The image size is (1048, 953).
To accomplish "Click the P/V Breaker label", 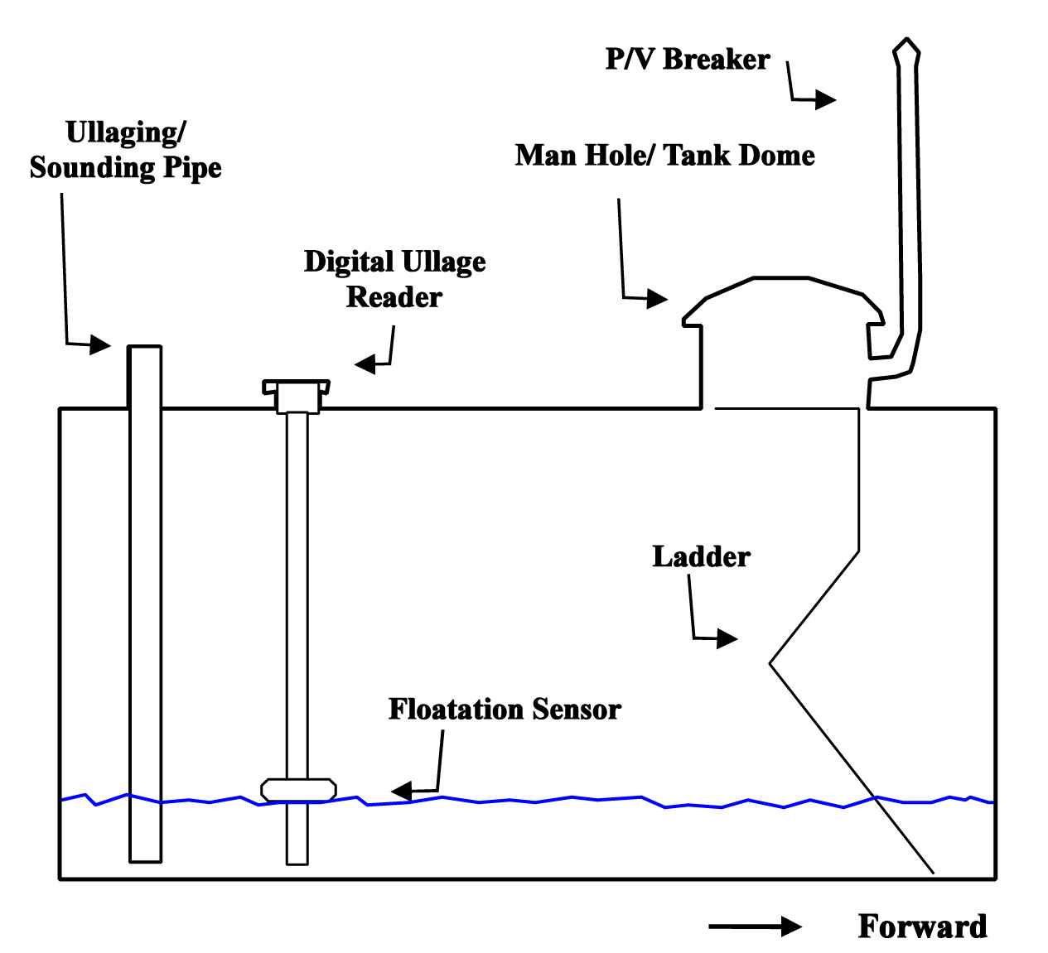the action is (687, 59).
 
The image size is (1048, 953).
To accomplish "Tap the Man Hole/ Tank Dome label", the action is (664, 155).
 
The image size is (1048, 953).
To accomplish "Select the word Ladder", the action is (701, 556).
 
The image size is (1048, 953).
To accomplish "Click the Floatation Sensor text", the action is (505, 710).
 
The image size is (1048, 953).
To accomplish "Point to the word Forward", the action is (923, 927).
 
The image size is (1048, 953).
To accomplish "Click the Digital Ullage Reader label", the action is (395, 279).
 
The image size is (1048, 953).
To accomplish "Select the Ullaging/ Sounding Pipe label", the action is (125, 150).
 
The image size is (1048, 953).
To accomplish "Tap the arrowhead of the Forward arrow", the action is (792, 927).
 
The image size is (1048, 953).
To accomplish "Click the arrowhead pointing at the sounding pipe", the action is (99, 344).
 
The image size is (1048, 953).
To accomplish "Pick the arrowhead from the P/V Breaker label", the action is (826, 99).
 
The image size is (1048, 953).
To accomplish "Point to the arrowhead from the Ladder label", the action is (727, 638).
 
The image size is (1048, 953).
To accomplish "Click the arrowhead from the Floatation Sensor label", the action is (401, 791).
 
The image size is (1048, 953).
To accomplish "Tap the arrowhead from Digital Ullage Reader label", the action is (365, 364).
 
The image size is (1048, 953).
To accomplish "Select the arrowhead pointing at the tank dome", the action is (657, 298).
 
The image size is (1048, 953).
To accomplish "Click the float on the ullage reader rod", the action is (298, 790).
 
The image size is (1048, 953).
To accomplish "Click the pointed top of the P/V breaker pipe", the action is (906, 38).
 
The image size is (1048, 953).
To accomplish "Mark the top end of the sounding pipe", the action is (145, 346).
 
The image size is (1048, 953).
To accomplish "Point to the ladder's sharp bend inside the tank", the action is (770, 664).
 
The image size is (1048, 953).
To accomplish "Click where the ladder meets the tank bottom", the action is (934, 874).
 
